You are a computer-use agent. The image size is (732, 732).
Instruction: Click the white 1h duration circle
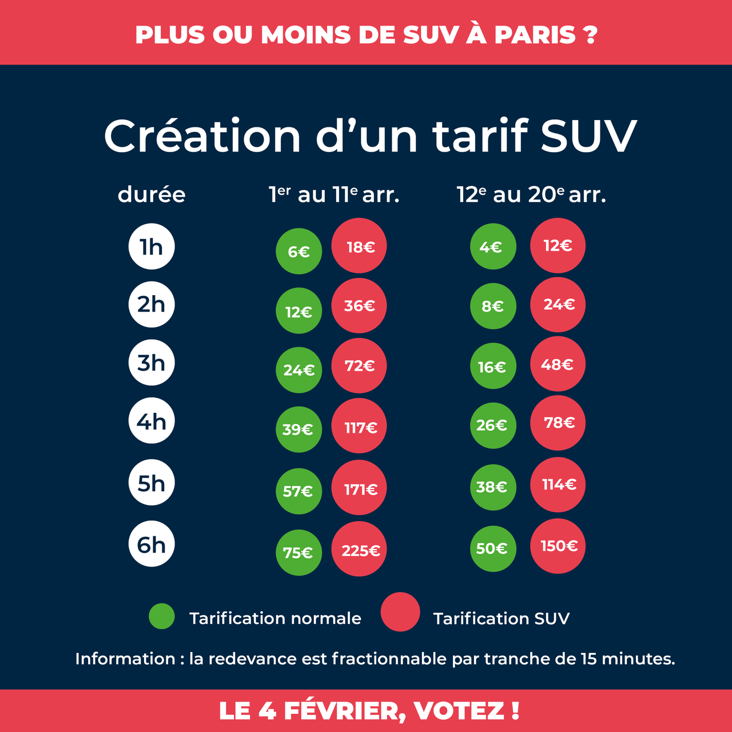(x=152, y=246)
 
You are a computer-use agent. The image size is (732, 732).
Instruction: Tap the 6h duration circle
(x=152, y=544)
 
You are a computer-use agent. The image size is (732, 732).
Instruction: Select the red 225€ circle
(x=359, y=549)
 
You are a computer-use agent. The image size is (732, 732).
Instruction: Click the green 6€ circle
(x=299, y=251)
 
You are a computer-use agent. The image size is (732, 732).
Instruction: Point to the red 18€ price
(x=359, y=246)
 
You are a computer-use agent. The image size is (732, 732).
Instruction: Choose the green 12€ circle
(x=299, y=311)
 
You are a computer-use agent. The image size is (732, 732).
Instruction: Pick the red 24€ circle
(x=558, y=304)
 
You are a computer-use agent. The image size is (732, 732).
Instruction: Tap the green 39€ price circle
(x=299, y=429)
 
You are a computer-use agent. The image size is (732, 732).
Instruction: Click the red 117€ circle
(x=359, y=426)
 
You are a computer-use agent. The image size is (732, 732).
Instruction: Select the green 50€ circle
(x=492, y=548)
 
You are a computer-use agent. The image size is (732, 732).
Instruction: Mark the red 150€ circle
(x=558, y=546)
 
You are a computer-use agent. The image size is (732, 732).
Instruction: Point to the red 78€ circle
(x=558, y=423)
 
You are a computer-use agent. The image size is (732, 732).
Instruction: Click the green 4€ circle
(x=492, y=246)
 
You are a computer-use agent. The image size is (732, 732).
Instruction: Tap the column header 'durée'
(x=152, y=194)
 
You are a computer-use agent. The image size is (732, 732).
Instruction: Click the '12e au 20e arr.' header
(x=531, y=194)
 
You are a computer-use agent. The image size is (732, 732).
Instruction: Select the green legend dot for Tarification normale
(x=162, y=616)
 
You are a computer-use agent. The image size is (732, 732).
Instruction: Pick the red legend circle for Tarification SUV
(x=400, y=612)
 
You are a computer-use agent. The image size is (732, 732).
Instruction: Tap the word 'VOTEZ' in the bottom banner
(x=459, y=711)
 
